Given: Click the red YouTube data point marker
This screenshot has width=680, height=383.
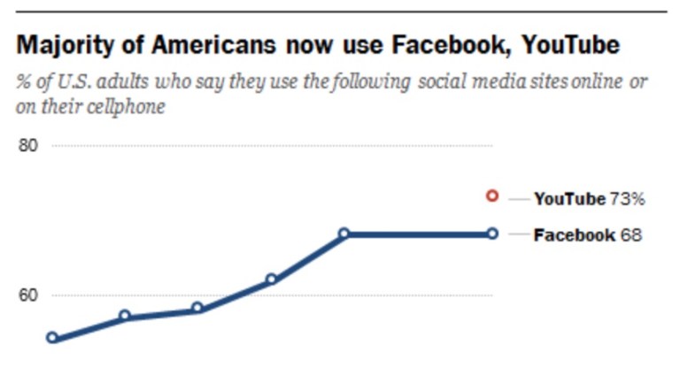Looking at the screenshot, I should pos(493,196).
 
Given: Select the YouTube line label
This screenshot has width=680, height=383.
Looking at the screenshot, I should pos(569,199).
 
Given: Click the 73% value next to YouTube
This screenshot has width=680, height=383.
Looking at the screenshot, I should pos(627,199).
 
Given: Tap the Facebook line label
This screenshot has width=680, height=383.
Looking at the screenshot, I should pos(574,235).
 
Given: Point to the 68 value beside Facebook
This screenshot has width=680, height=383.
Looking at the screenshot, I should pos(630,235).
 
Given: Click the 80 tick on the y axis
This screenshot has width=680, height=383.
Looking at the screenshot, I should pos(29,146).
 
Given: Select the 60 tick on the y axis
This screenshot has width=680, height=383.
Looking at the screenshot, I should pos(29,295).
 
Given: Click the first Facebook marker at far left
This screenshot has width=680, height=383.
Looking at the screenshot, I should pos(52,337).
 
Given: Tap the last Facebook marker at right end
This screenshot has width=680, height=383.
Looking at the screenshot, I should pos(493,234).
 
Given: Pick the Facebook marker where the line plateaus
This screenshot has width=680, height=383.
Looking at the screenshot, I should pos(344,234).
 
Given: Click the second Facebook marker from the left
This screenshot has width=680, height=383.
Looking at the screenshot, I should pos(125,316).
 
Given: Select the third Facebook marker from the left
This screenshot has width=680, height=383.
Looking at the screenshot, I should pos(197,309).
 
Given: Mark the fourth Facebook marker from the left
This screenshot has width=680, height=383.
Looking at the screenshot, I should pos(271,280).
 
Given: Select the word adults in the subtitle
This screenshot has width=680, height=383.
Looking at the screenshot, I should pos(114,82).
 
